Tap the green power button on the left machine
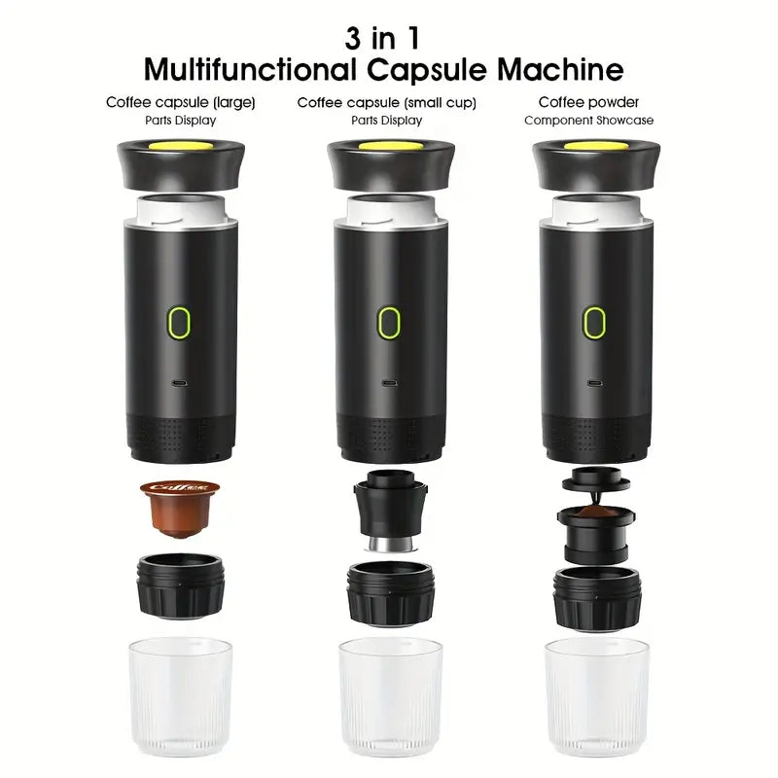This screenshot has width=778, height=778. pos(181,321)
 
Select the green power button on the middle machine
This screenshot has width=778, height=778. pos(388,322)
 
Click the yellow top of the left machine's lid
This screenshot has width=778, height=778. pos(181,147)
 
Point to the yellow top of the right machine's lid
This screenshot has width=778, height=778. pos(596,147)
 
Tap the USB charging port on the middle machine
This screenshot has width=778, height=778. pos(388,382)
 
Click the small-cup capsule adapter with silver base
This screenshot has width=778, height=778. pos(388,512)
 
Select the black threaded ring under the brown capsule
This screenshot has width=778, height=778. pos(181,584)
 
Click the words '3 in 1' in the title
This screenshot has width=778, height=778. pos(383,39)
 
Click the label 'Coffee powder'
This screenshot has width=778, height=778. pos(588,101)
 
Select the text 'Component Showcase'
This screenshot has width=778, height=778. pos(588,121)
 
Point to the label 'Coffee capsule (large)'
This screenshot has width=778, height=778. pos(181,101)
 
